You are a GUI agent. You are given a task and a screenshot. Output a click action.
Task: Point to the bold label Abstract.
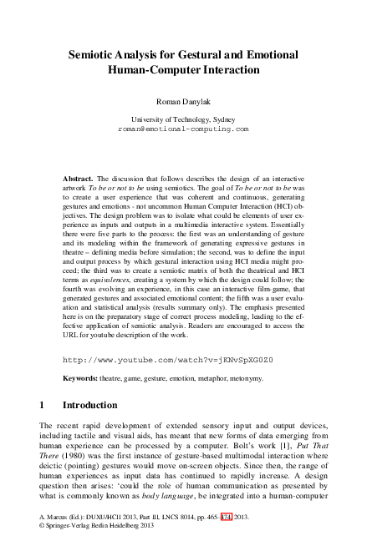tap(79, 179)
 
